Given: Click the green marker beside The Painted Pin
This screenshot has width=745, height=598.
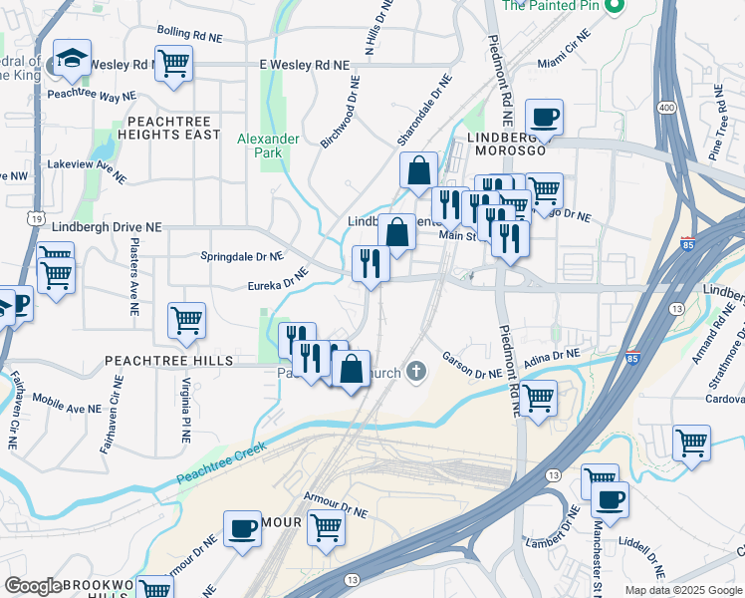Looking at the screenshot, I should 615,6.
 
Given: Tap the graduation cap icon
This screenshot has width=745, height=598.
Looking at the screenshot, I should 73,59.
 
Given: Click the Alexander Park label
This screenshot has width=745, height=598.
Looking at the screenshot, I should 268,146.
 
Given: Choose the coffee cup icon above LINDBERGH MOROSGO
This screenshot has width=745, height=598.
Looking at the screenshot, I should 544,118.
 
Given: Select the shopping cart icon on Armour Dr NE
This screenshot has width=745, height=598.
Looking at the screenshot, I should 326,527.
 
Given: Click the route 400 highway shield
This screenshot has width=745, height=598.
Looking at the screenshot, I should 661,107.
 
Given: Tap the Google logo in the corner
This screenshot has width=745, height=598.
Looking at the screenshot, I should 33,586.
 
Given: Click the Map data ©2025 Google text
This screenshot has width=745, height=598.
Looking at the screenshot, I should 682,590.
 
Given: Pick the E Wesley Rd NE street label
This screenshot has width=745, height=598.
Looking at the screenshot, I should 305,64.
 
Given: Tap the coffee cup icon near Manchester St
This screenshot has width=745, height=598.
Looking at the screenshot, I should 609,499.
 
